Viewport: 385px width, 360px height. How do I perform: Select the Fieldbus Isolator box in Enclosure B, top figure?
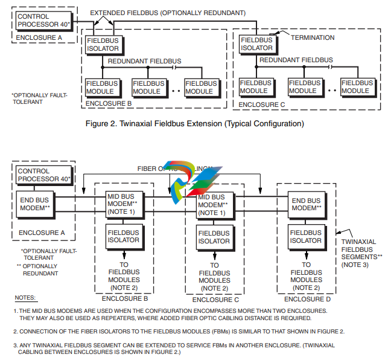pyautogui.click(x=104, y=44)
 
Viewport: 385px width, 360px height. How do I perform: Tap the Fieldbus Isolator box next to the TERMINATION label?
pyautogui.click(x=257, y=43)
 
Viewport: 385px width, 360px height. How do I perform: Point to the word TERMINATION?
pyautogui.click(x=313, y=37)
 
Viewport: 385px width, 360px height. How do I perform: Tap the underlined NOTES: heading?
pyautogui.click(x=25, y=298)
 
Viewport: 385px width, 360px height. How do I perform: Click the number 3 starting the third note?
pyautogui.click(x=16, y=345)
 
